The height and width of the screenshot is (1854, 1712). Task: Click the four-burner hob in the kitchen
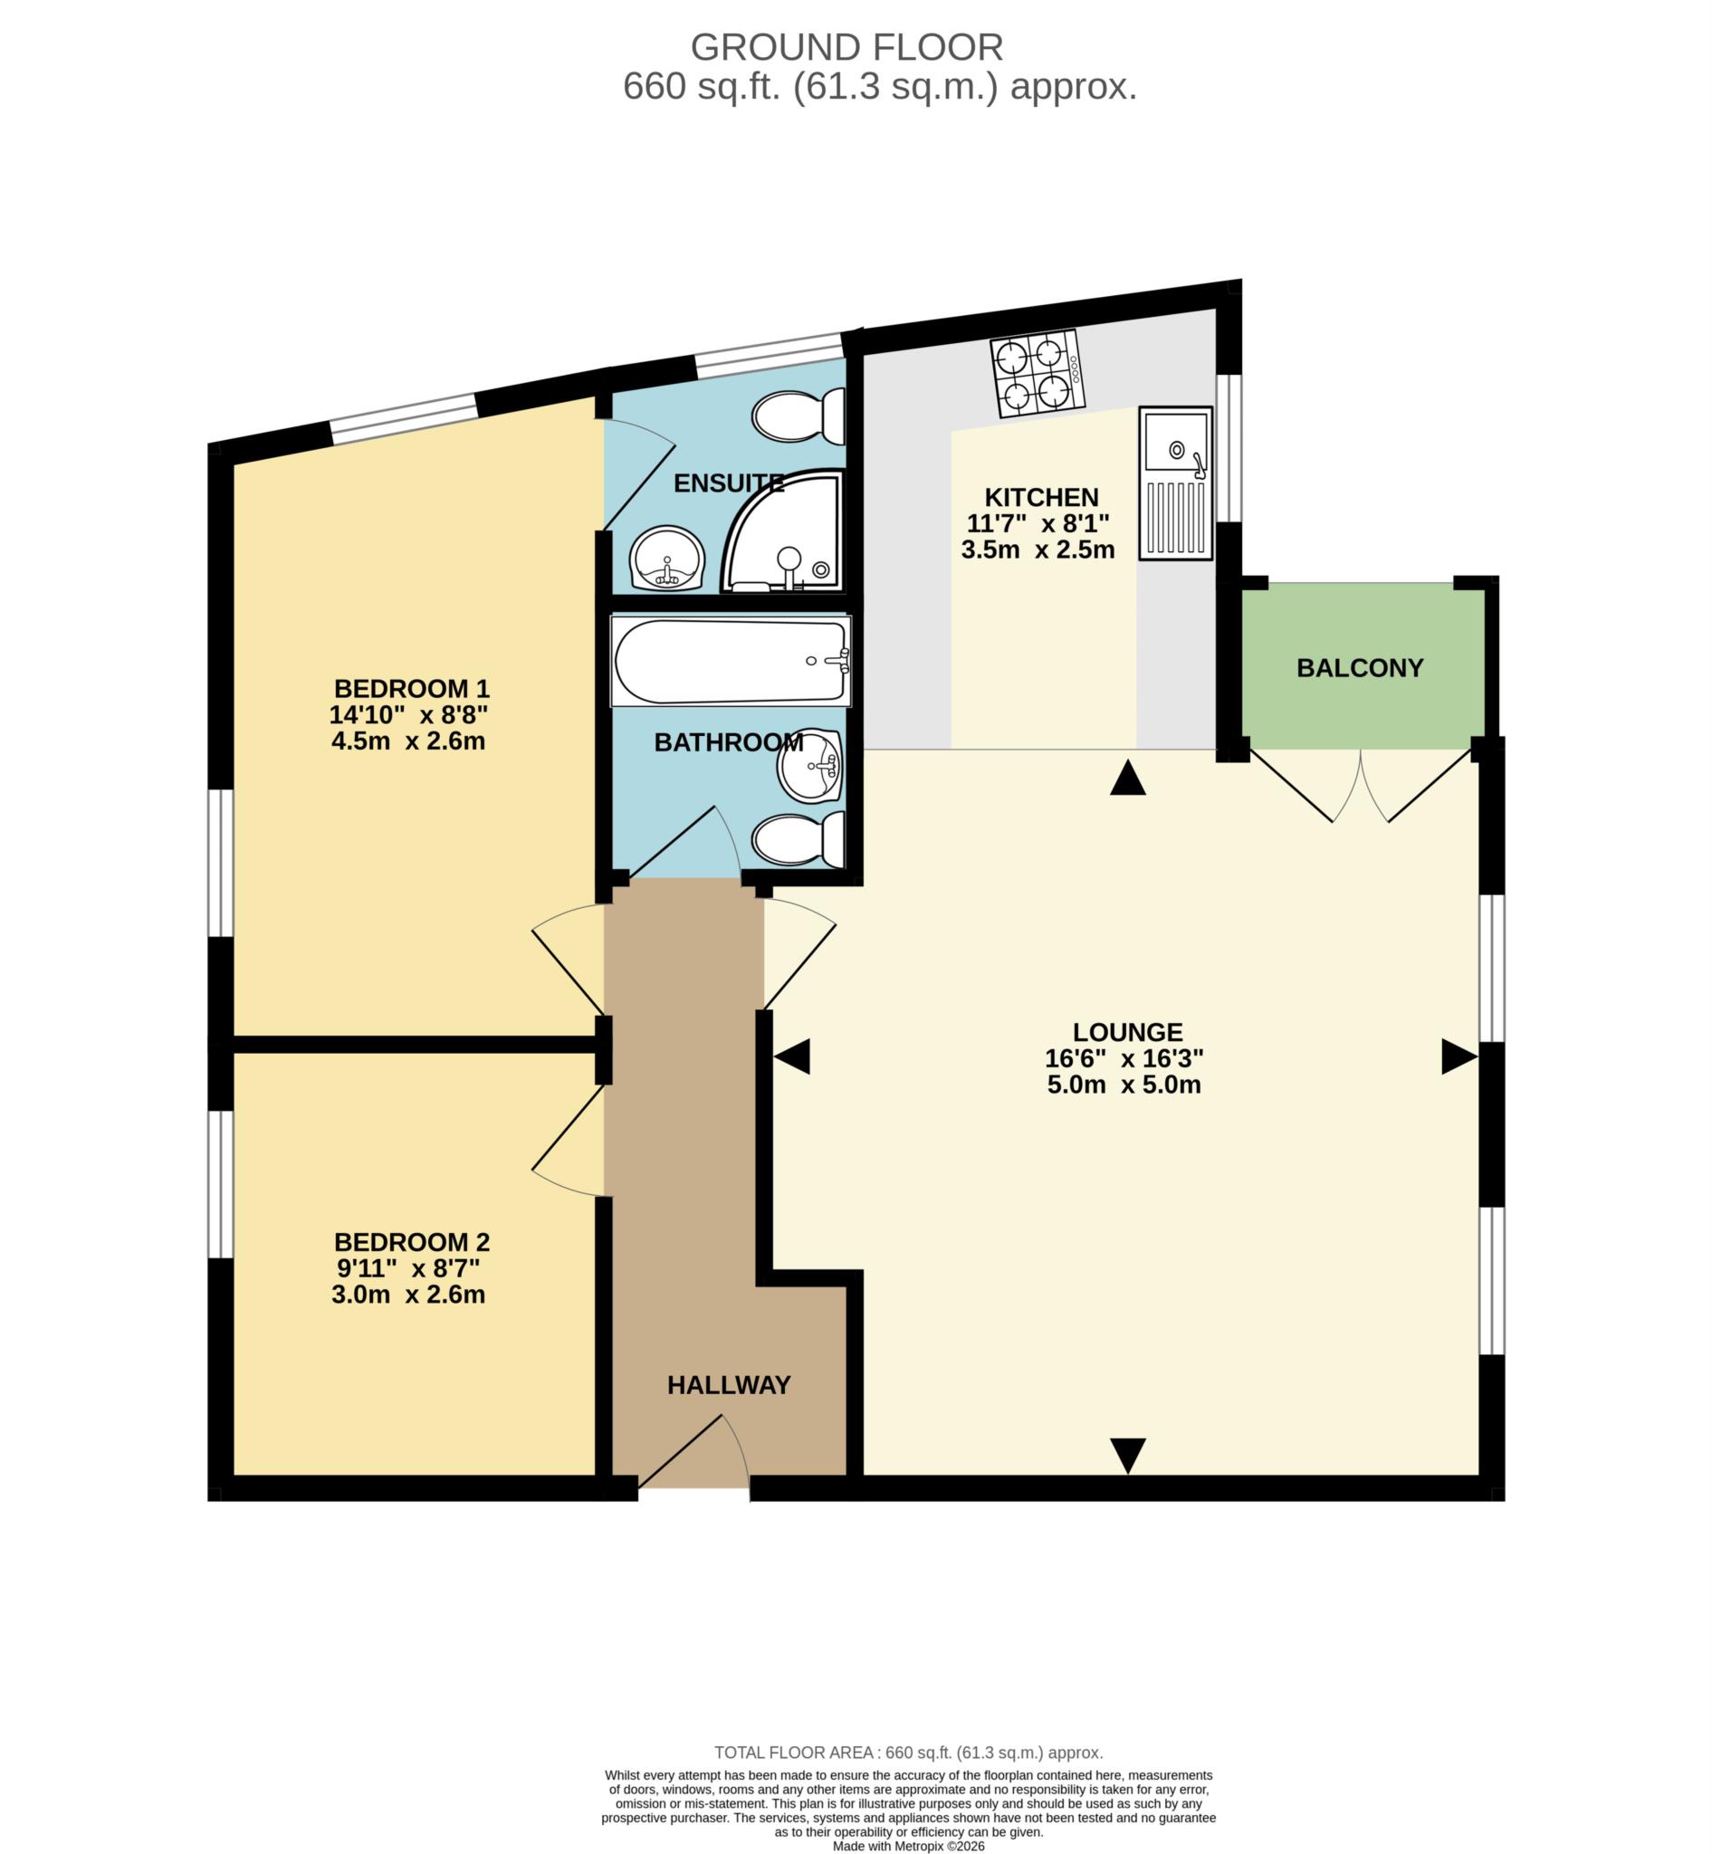(x=1037, y=373)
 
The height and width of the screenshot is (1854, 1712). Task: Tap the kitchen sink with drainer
(x=1175, y=483)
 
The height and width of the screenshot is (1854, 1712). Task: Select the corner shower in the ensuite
(x=785, y=535)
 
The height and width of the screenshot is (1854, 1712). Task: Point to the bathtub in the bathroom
(x=731, y=662)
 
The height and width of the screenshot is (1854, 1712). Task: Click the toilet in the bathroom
(x=798, y=839)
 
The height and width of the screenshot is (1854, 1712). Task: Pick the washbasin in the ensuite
(x=666, y=558)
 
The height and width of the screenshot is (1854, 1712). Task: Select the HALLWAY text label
(x=728, y=1385)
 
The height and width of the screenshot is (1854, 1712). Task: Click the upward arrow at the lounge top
(x=1127, y=779)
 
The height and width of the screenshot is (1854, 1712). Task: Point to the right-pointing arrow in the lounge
(x=1459, y=1056)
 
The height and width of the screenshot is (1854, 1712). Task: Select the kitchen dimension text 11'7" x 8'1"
(x=1038, y=523)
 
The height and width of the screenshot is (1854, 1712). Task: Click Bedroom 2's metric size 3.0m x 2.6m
(x=407, y=1295)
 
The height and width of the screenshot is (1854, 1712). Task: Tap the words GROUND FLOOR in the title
(x=846, y=46)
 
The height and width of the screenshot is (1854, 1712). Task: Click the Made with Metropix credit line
(x=908, y=1846)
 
